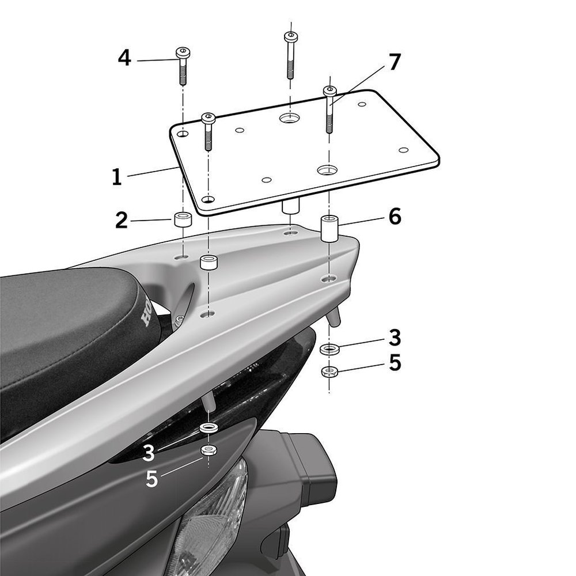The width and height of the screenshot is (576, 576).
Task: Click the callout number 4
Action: [x=124, y=58]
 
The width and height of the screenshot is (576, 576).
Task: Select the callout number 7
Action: [x=394, y=63]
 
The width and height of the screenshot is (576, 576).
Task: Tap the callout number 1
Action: [x=117, y=177]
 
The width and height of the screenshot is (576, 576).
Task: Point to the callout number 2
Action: [x=121, y=220]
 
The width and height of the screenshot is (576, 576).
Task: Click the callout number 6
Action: [x=395, y=217]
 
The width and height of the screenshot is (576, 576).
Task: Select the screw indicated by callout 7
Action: [x=329, y=109]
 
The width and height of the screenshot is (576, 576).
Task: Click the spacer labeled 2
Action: [x=183, y=220]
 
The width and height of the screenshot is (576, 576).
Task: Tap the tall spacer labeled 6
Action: [x=329, y=228]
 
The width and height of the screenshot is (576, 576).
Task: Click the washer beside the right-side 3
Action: [x=329, y=349]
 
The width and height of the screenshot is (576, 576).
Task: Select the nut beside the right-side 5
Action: [x=328, y=371]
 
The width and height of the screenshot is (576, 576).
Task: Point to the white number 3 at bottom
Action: [x=149, y=453]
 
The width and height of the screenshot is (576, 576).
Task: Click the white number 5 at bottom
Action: [x=151, y=479]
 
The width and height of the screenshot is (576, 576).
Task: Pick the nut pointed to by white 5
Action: [x=207, y=449]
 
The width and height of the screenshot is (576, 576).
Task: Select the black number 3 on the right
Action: [x=395, y=338]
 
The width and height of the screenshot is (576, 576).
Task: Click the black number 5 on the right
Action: [x=395, y=363]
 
